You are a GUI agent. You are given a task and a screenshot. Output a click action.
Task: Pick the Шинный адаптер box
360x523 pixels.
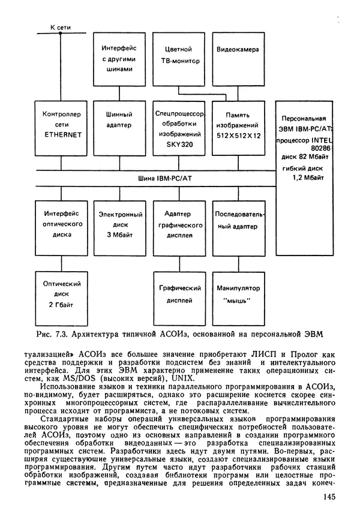click(118, 125)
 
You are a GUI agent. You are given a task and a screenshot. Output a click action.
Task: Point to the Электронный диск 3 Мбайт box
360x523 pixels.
click(118, 225)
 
